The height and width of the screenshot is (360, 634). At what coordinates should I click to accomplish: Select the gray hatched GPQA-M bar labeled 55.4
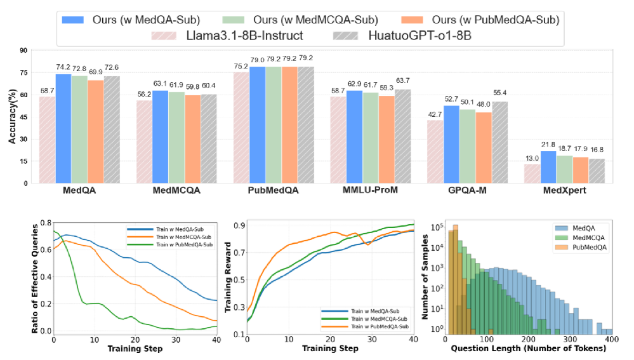[500, 142]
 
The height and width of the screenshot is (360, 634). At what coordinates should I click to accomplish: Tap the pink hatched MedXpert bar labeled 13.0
[532, 173]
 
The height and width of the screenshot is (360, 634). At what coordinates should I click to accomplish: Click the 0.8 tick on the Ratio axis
[44, 223]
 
